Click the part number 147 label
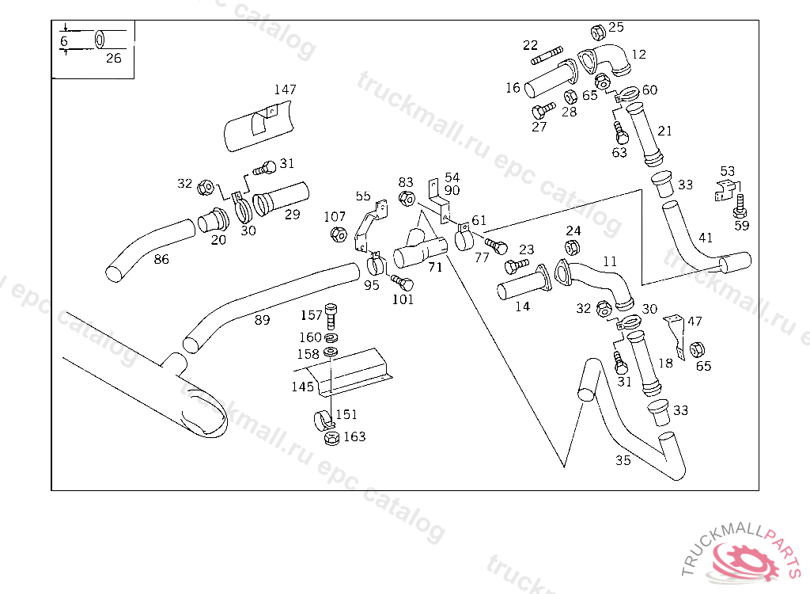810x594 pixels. (x=285, y=89)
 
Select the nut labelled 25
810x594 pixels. (x=599, y=32)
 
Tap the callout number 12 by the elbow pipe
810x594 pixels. (x=639, y=55)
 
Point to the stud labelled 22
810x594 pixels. (x=547, y=57)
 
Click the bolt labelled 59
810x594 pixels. (x=740, y=206)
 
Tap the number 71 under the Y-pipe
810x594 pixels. (x=435, y=268)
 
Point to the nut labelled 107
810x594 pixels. (x=337, y=235)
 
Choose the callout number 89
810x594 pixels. (x=262, y=320)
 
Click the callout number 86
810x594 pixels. (x=161, y=258)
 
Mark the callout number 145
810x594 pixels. (x=302, y=387)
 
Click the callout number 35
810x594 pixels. (x=623, y=460)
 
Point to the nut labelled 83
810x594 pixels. (x=407, y=198)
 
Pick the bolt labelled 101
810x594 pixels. (x=403, y=283)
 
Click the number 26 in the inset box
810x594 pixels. (x=114, y=58)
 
